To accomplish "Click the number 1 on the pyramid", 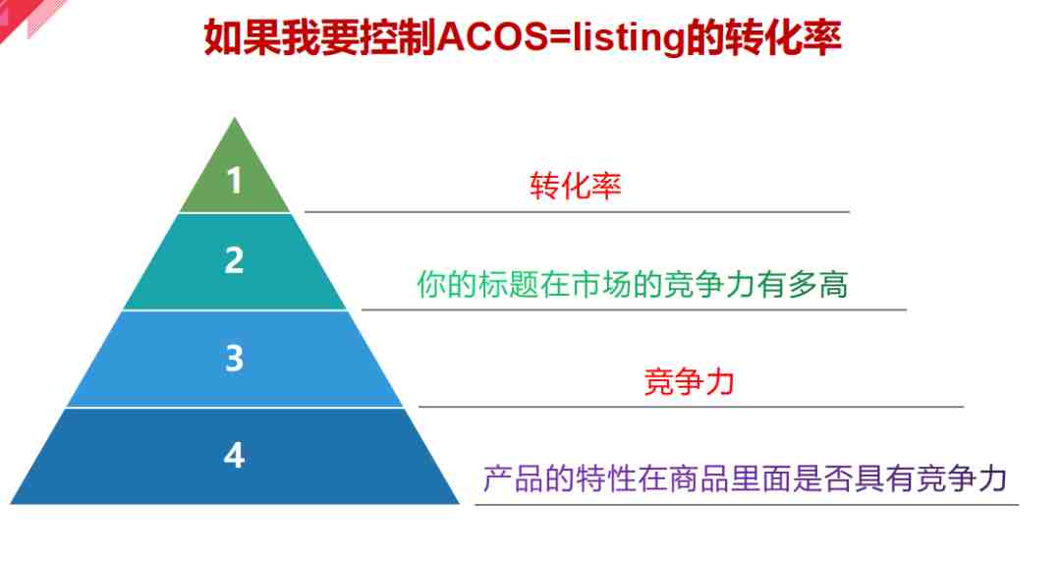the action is [234, 181].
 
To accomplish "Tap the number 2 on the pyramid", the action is [234, 259].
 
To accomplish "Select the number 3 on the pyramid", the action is [234, 358].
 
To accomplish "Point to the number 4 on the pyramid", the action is [234, 455].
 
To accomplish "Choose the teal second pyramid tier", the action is [235, 262].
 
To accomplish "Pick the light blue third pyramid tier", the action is [235, 359].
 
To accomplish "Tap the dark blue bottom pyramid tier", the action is [235, 456].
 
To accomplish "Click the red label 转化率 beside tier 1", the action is [575, 186].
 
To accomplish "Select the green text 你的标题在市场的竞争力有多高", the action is [632, 284].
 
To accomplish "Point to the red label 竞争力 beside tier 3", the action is [689, 381].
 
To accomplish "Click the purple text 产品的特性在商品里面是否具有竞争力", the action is [745, 478].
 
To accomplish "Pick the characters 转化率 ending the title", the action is [783, 38].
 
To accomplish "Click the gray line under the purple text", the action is [747, 504].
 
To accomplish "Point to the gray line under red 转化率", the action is [577, 212].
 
